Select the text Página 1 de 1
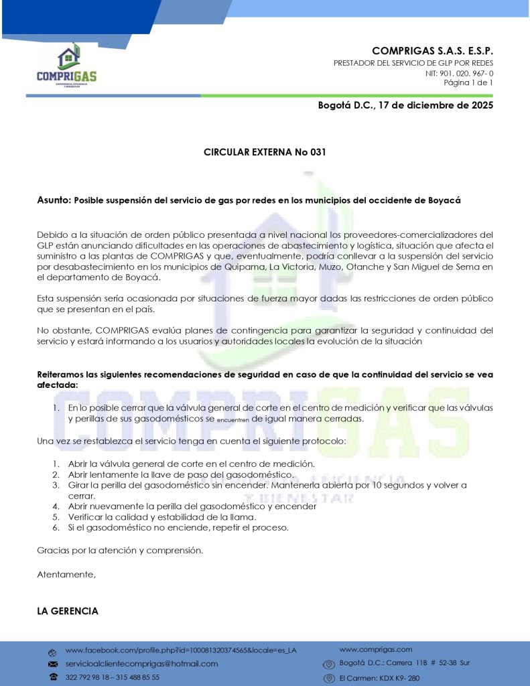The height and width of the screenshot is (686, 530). (x=468, y=82)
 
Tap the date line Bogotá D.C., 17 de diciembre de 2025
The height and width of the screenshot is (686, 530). (x=405, y=105)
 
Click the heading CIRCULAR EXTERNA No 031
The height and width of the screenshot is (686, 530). (x=265, y=152)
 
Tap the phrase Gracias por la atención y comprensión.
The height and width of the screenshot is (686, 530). (x=120, y=551)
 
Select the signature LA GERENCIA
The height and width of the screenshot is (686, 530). (x=68, y=611)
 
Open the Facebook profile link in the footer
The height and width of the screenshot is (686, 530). (x=181, y=650)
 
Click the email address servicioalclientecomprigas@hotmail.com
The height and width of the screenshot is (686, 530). (x=141, y=663)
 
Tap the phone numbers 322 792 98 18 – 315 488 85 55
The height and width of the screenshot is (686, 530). (x=113, y=677)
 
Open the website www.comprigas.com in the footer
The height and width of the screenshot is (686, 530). (x=375, y=649)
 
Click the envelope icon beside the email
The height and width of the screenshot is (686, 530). (x=52, y=663)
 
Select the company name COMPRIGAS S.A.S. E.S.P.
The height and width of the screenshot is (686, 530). (x=432, y=51)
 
